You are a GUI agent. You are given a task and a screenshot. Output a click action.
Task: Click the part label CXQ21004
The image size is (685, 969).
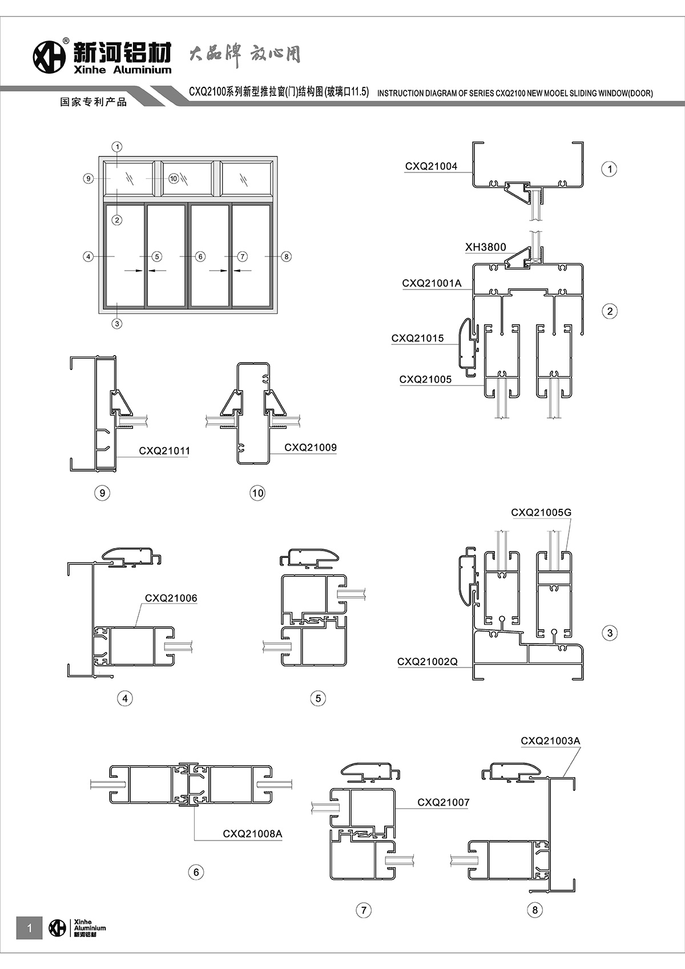click(431, 167)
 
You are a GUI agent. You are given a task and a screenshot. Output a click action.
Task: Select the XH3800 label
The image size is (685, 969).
click(485, 247)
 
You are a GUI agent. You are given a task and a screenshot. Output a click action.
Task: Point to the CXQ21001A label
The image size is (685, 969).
click(432, 283)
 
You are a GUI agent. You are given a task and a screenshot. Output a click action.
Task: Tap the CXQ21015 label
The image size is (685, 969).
click(417, 338)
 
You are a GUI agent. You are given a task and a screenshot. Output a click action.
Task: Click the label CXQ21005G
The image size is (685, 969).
click(541, 512)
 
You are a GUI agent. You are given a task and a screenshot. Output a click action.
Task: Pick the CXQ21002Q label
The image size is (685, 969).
click(427, 661)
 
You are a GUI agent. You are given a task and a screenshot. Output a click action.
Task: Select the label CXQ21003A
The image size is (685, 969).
click(550, 741)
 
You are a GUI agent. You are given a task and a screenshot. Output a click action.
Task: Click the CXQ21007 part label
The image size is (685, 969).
click(443, 802)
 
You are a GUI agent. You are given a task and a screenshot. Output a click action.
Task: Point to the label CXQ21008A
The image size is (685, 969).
click(252, 834)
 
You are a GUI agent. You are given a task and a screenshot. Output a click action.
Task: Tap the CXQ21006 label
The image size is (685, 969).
click(171, 598)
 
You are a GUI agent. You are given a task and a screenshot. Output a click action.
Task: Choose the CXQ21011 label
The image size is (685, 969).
click(164, 451)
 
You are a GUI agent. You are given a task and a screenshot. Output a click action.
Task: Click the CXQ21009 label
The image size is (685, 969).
click(311, 447)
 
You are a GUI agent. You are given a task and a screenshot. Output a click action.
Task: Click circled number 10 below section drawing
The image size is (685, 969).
click(257, 493)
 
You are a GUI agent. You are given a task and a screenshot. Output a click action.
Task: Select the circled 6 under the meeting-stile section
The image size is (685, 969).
click(196, 872)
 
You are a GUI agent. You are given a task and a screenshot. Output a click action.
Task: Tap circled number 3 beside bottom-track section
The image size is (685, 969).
click(610, 633)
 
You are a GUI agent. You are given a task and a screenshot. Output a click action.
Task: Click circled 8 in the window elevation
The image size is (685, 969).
click(287, 256)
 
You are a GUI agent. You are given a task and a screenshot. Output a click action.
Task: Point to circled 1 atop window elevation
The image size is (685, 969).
click(117, 147)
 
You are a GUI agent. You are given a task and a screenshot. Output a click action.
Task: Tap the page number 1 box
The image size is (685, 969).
click(30, 928)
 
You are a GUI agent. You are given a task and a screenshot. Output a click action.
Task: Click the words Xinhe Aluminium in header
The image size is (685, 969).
click(122, 70)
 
